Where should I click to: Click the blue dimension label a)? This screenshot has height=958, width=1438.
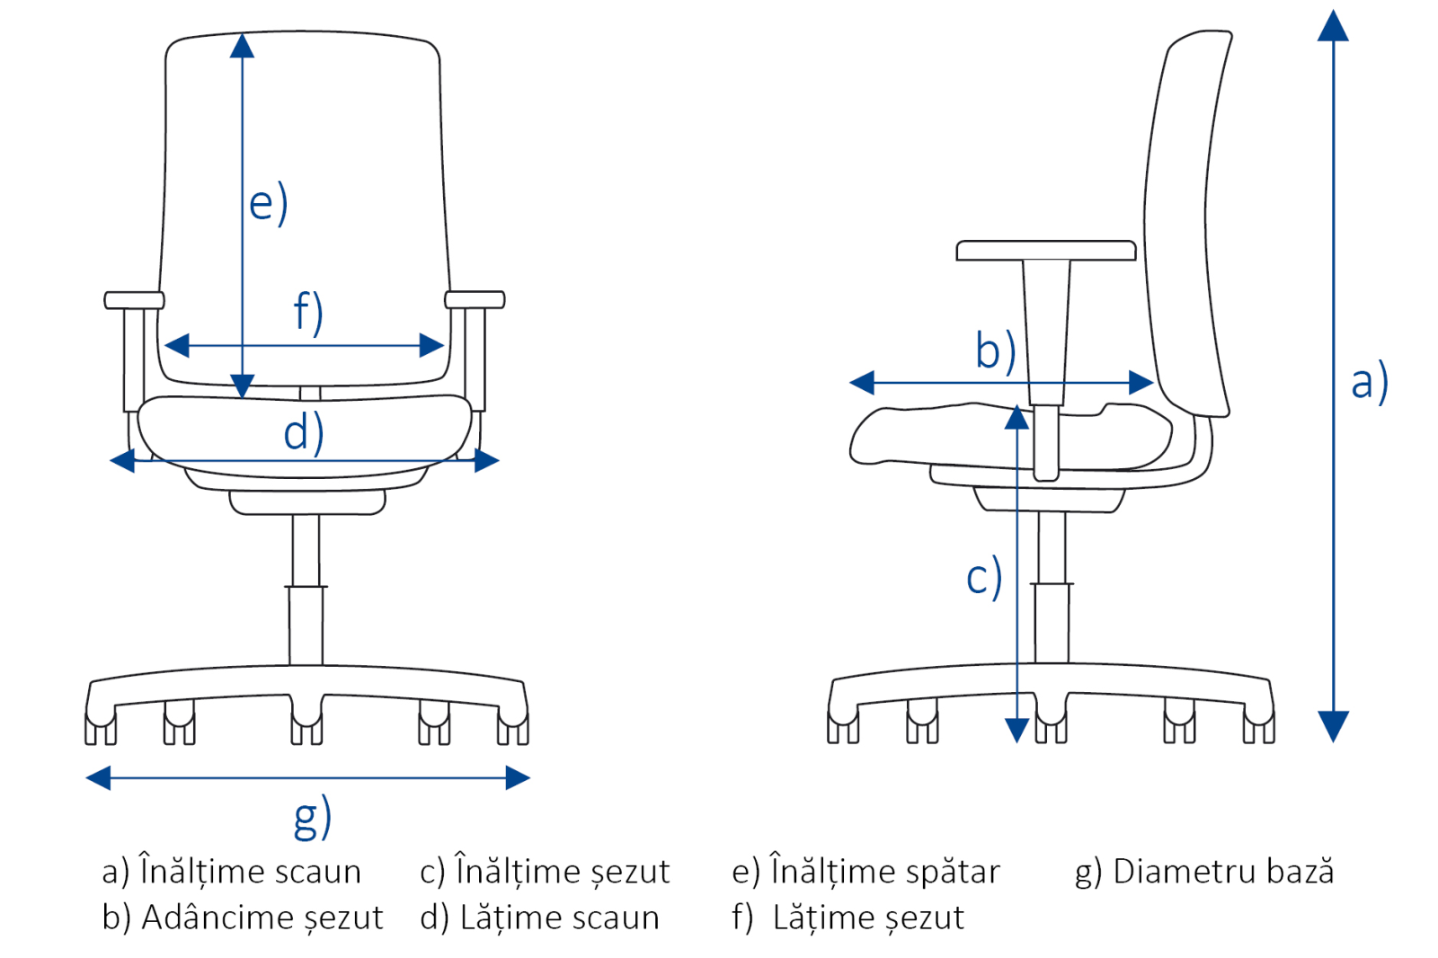click(1370, 383)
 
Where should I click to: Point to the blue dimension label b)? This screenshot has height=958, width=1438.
click(996, 350)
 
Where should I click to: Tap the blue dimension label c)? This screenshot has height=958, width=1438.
click(984, 577)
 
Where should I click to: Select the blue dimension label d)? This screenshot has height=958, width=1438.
click(304, 432)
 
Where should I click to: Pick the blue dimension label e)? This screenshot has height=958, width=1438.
click(269, 202)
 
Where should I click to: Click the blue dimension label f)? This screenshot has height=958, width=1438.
click(308, 313)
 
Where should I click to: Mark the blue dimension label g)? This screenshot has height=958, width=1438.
click(313, 817)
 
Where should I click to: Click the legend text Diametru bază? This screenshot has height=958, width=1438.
click(1223, 872)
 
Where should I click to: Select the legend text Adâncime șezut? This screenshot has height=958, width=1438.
click(262, 918)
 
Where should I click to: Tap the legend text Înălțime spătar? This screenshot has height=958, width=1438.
click(885, 872)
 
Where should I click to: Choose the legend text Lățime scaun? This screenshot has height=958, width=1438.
click(559, 918)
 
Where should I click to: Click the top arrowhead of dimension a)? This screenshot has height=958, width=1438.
click(1333, 26)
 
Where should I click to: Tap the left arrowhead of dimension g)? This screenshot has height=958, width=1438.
click(98, 777)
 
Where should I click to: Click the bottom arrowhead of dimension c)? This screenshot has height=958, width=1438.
click(1016, 731)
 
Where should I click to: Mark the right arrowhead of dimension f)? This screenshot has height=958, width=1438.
click(431, 345)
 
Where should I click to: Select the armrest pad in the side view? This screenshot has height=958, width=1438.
click(1046, 251)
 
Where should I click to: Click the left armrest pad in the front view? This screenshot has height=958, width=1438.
click(134, 300)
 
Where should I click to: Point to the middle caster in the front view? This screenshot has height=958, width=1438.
click(306, 723)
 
